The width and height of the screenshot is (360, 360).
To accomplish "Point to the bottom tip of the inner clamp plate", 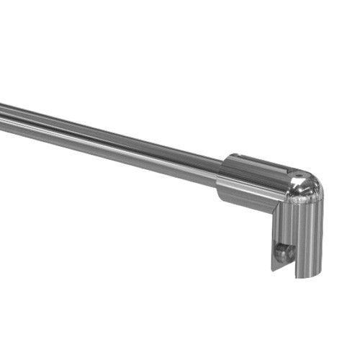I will (x=274, y=269).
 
